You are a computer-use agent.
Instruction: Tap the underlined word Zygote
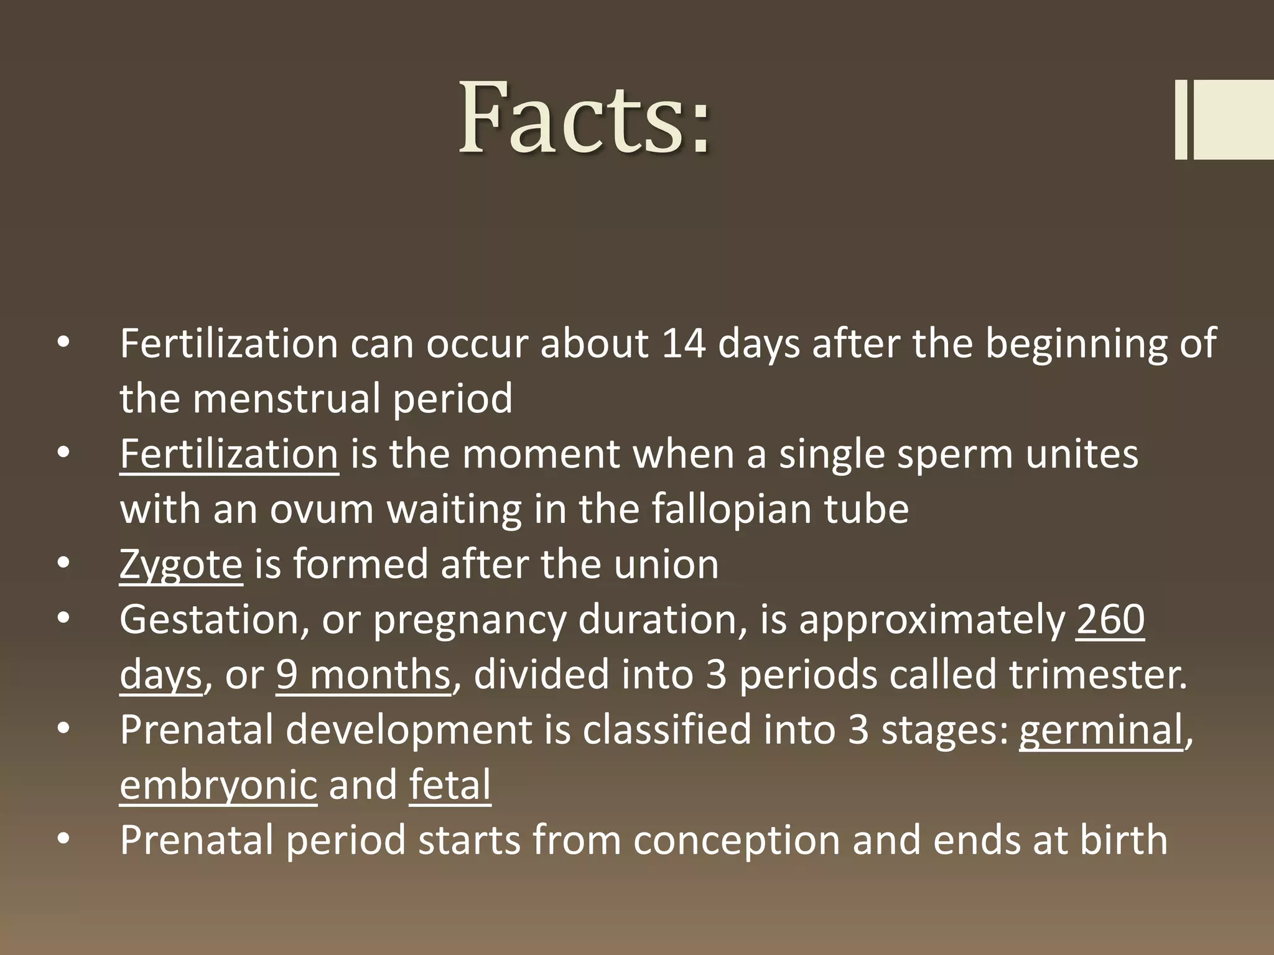coord(180,565)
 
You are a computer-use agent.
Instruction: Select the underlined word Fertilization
coord(229,454)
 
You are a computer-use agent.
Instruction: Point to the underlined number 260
coord(1110,620)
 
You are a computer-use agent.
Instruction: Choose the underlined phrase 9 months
coord(363,675)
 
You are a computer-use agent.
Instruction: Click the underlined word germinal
coord(1100,730)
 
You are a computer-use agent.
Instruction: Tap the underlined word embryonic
coord(218,785)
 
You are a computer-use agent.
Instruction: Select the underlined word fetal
coord(450,785)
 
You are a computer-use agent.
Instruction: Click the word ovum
coord(322,509)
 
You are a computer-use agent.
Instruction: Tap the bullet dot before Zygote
coord(63,563)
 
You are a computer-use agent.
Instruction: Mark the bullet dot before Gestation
coord(63,619)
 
